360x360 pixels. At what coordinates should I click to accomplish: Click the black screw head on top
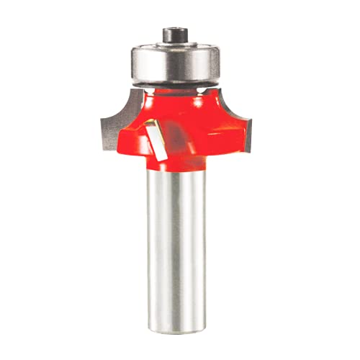174,33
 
